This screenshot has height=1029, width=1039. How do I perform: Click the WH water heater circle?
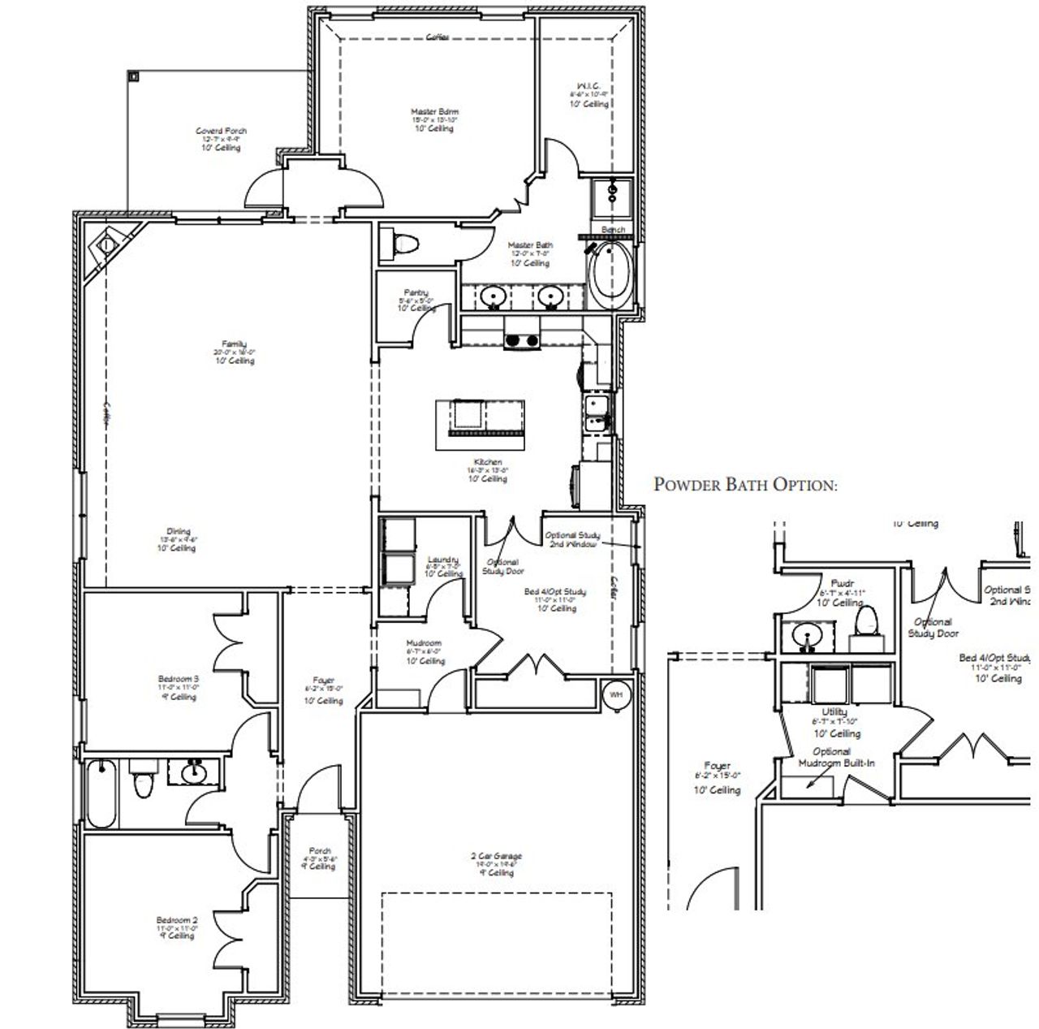tap(616, 694)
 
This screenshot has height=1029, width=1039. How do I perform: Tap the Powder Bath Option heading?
tap(745, 485)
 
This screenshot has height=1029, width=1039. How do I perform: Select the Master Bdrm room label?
tap(434, 112)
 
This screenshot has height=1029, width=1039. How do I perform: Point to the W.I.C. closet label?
tap(588, 86)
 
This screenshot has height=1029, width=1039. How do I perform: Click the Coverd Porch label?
tap(222, 131)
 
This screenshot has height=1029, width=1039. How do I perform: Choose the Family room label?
tap(235, 344)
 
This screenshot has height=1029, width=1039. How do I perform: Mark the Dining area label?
tap(178, 532)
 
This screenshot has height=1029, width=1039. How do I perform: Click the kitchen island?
tap(480, 418)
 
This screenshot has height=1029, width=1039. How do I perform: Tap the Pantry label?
tap(416, 292)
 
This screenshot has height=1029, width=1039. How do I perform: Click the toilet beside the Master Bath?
tap(403, 243)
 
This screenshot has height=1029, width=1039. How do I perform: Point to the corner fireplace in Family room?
tap(107, 244)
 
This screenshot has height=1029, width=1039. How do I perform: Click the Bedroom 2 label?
tap(176, 920)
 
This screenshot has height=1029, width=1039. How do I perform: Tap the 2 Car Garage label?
tap(496, 856)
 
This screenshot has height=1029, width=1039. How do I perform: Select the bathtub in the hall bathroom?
tap(101, 793)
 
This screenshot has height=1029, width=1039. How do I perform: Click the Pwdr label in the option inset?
tap(840, 583)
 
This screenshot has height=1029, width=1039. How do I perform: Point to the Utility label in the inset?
tap(834, 711)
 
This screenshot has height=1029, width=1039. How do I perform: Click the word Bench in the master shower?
tap(613, 230)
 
